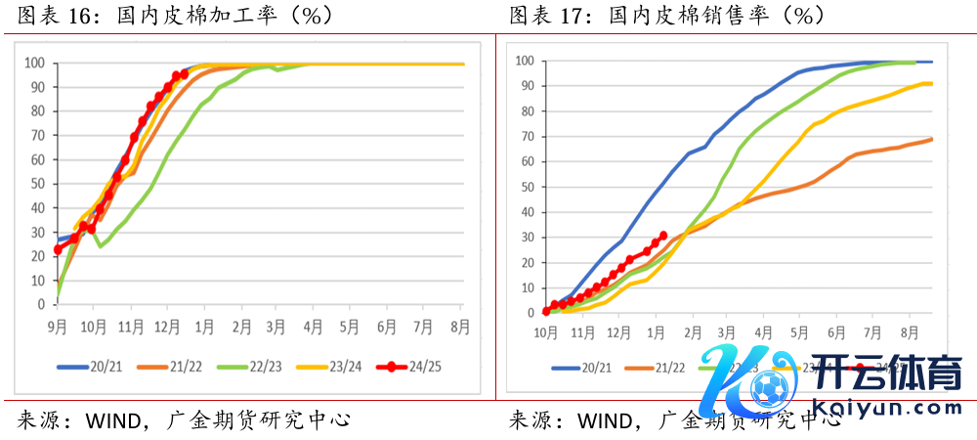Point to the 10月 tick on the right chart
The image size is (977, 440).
(546, 331)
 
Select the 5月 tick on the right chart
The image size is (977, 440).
(799, 331)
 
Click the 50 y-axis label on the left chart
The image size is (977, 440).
(37, 184)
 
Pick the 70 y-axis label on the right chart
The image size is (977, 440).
(526, 137)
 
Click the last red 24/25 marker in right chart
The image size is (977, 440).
(663, 235)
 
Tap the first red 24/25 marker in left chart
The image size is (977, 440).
(58, 249)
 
